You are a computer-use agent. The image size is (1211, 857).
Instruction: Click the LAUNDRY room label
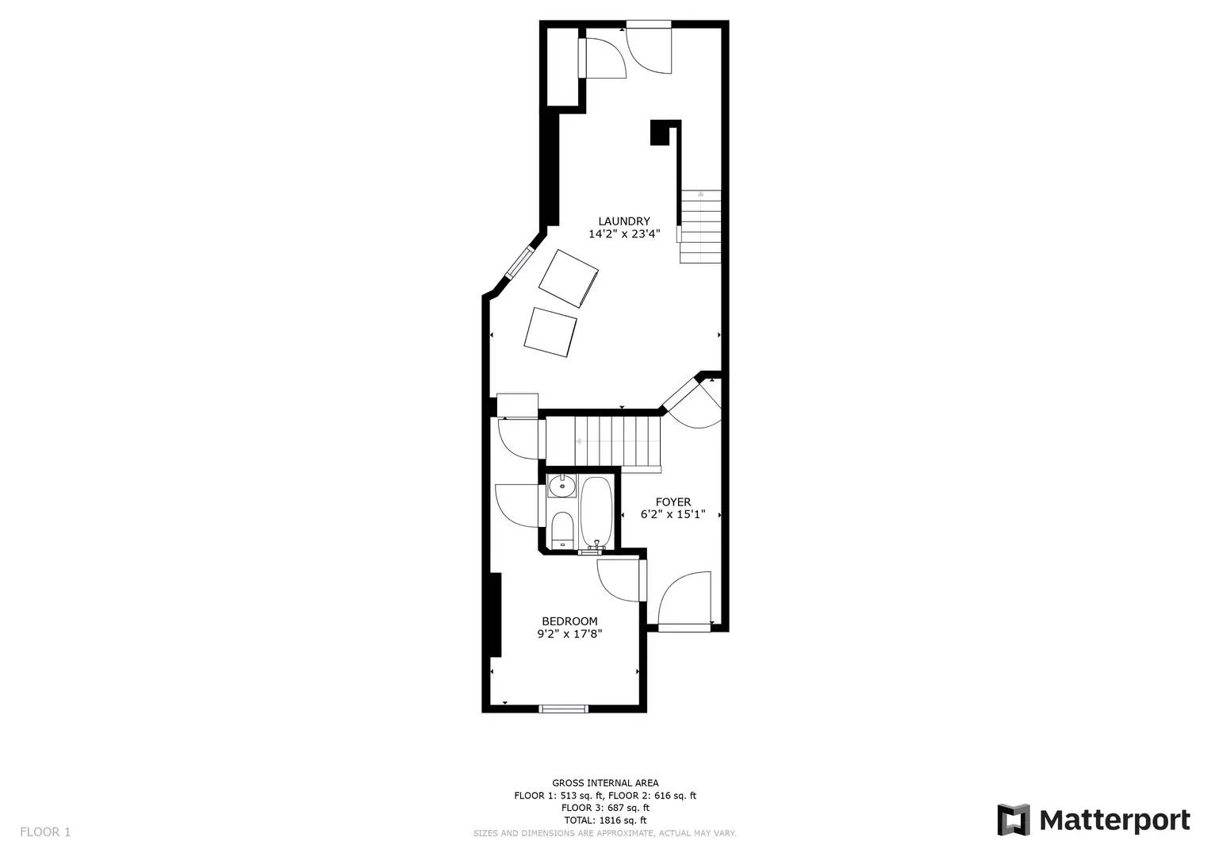click(x=623, y=221)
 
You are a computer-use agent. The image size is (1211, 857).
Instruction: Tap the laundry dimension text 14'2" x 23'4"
click(x=623, y=234)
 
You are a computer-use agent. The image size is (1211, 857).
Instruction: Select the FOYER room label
click(x=673, y=502)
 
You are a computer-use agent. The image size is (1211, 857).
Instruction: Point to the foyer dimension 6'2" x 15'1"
click(x=673, y=514)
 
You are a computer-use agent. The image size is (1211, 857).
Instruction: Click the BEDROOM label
click(x=569, y=621)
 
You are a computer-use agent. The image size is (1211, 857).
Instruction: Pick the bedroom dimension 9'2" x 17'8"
click(x=569, y=634)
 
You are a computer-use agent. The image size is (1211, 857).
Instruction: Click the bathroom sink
click(x=561, y=485)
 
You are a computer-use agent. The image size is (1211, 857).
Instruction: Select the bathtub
click(x=596, y=512)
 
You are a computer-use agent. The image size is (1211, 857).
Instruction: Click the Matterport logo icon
click(x=1013, y=820)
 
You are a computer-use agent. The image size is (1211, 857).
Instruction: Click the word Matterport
click(x=1114, y=820)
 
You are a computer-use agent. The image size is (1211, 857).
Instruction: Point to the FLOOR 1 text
click(x=45, y=832)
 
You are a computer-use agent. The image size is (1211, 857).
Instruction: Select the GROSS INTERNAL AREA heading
click(x=605, y=783)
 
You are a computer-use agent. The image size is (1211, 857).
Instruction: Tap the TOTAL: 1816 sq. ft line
click(x=605, y=820)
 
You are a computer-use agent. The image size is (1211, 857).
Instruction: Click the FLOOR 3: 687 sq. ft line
click(x=605, y=808)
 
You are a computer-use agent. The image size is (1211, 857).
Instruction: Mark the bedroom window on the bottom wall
click(x=563, y=708)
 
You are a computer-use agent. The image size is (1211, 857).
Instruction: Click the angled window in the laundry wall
click(x=519, y=263)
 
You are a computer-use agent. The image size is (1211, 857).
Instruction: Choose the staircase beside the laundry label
click(x=700, y=227)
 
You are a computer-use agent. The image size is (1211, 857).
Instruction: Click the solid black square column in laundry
click(x=660, y=133)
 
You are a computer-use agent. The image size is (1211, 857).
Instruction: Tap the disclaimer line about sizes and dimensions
click(x=605, y=833)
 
